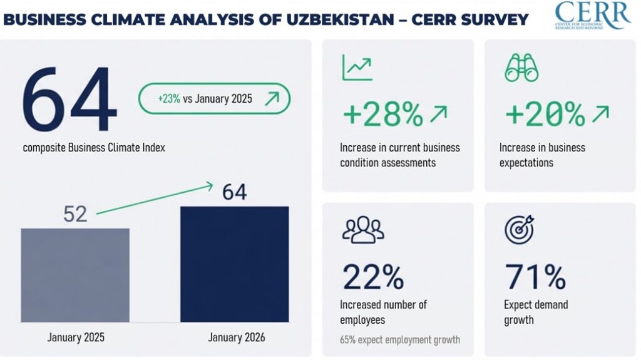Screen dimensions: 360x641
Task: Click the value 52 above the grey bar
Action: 75,214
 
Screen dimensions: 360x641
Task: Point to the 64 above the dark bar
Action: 234,192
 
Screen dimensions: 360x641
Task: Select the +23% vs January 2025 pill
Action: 214,98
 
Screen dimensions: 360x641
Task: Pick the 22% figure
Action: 373,277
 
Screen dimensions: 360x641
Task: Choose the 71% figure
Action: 535,277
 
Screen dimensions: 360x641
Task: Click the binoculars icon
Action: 521,68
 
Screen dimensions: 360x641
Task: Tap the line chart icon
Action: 357,68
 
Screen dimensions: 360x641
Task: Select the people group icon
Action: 362,230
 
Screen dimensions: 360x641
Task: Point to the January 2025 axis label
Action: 76,337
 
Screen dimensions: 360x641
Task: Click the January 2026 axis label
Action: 236,337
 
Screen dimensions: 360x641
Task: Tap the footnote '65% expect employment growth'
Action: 400,340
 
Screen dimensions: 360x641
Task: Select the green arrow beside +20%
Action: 600,113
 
